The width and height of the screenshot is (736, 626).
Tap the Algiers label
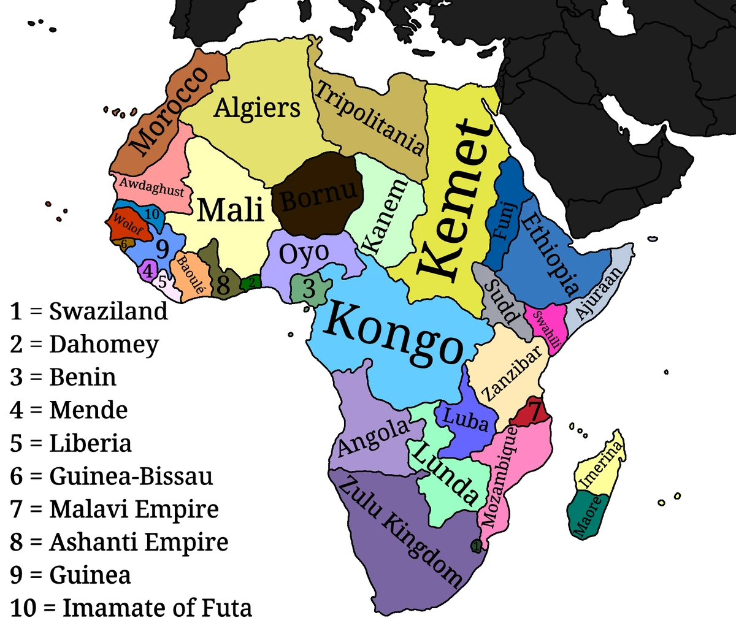(x=257, y=108)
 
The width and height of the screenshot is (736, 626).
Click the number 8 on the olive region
(x=223, y=284)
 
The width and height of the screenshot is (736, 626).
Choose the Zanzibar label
(x=513, y=372)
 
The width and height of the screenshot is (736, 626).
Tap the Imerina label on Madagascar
(x=602, y=465)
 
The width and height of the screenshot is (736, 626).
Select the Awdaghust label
(x=151, y=187)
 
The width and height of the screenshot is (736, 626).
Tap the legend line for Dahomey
(x=84, y=345)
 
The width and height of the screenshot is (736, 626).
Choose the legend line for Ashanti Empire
(x=119, y=542)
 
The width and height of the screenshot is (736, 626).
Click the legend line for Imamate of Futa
(x=131, y=608)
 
